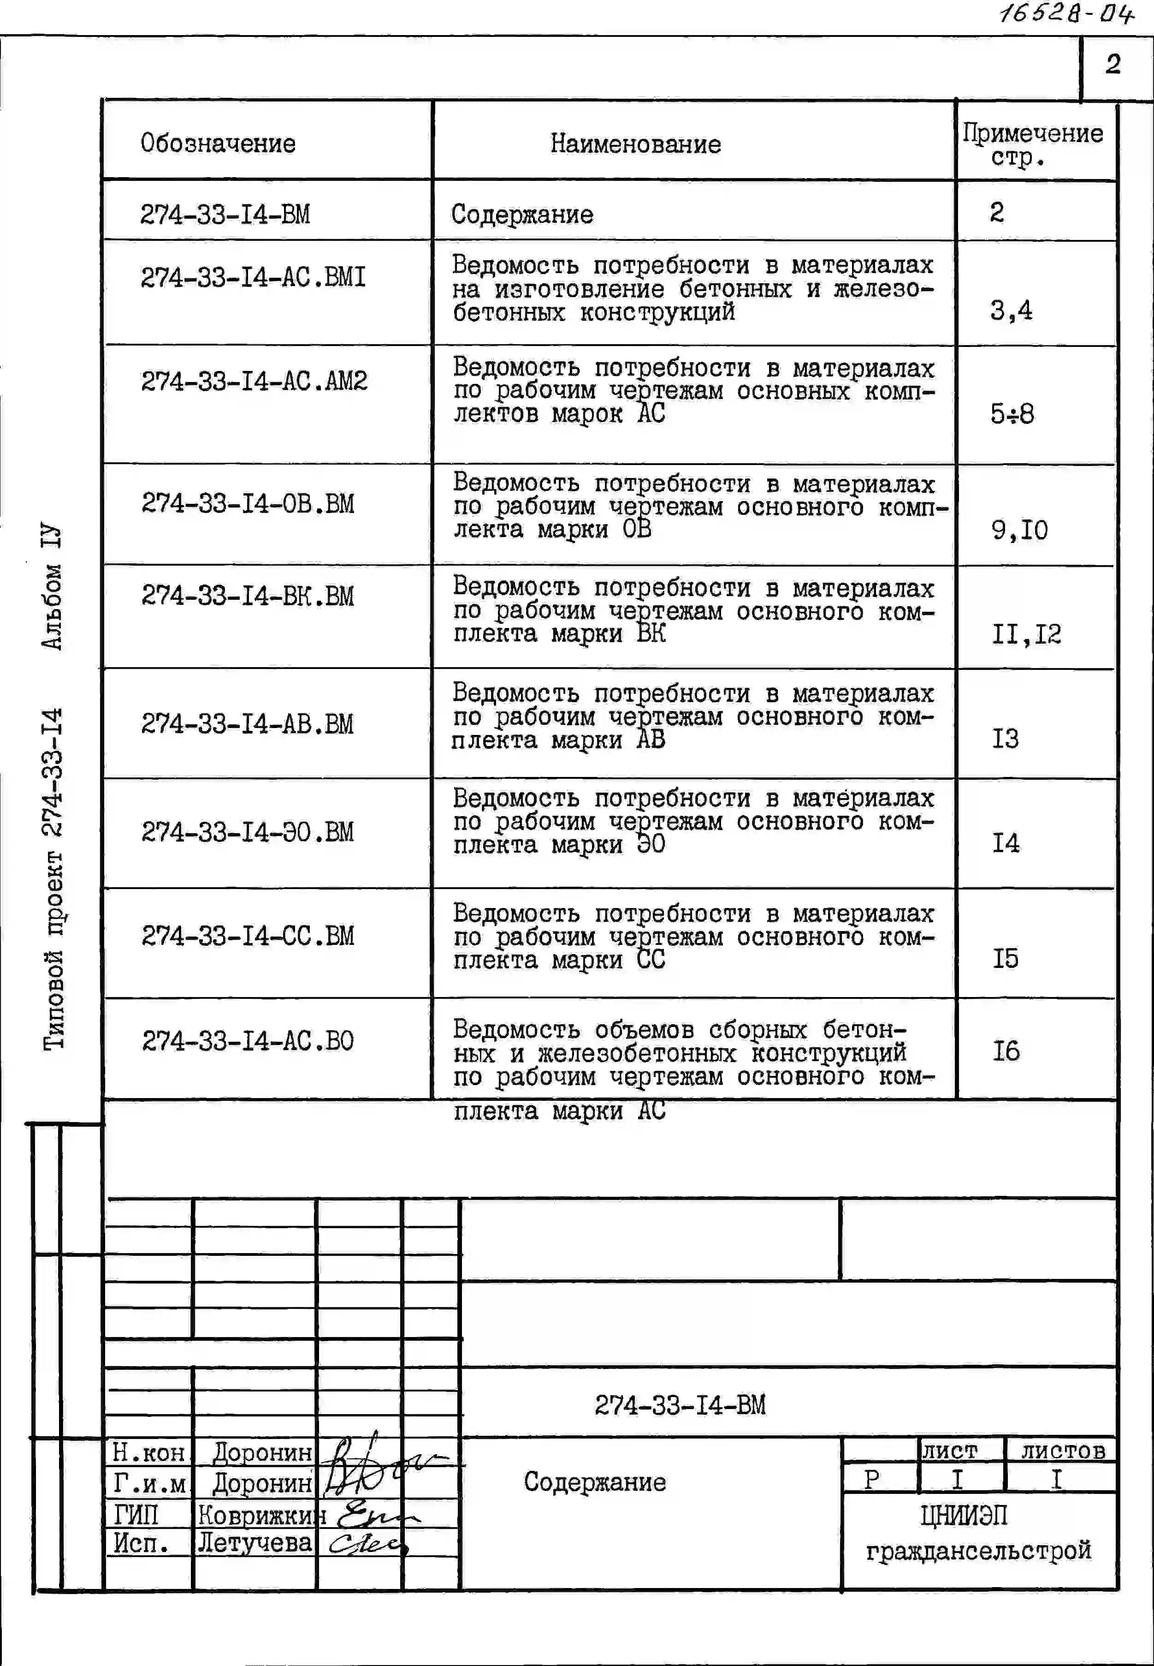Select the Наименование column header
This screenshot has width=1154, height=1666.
tap(636, 144)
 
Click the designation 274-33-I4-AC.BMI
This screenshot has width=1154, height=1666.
tap(253, 277)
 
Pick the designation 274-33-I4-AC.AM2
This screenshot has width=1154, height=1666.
tap(254, 381)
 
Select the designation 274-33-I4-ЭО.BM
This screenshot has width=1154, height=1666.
tap(248, 832)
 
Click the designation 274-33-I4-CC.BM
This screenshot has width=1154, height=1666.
tap(248, 936)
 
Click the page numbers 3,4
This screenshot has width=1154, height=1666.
tap(1011, 311)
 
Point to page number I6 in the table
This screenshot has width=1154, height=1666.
tap(1005, 1051)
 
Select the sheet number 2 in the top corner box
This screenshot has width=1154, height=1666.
tap(1113, 65)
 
